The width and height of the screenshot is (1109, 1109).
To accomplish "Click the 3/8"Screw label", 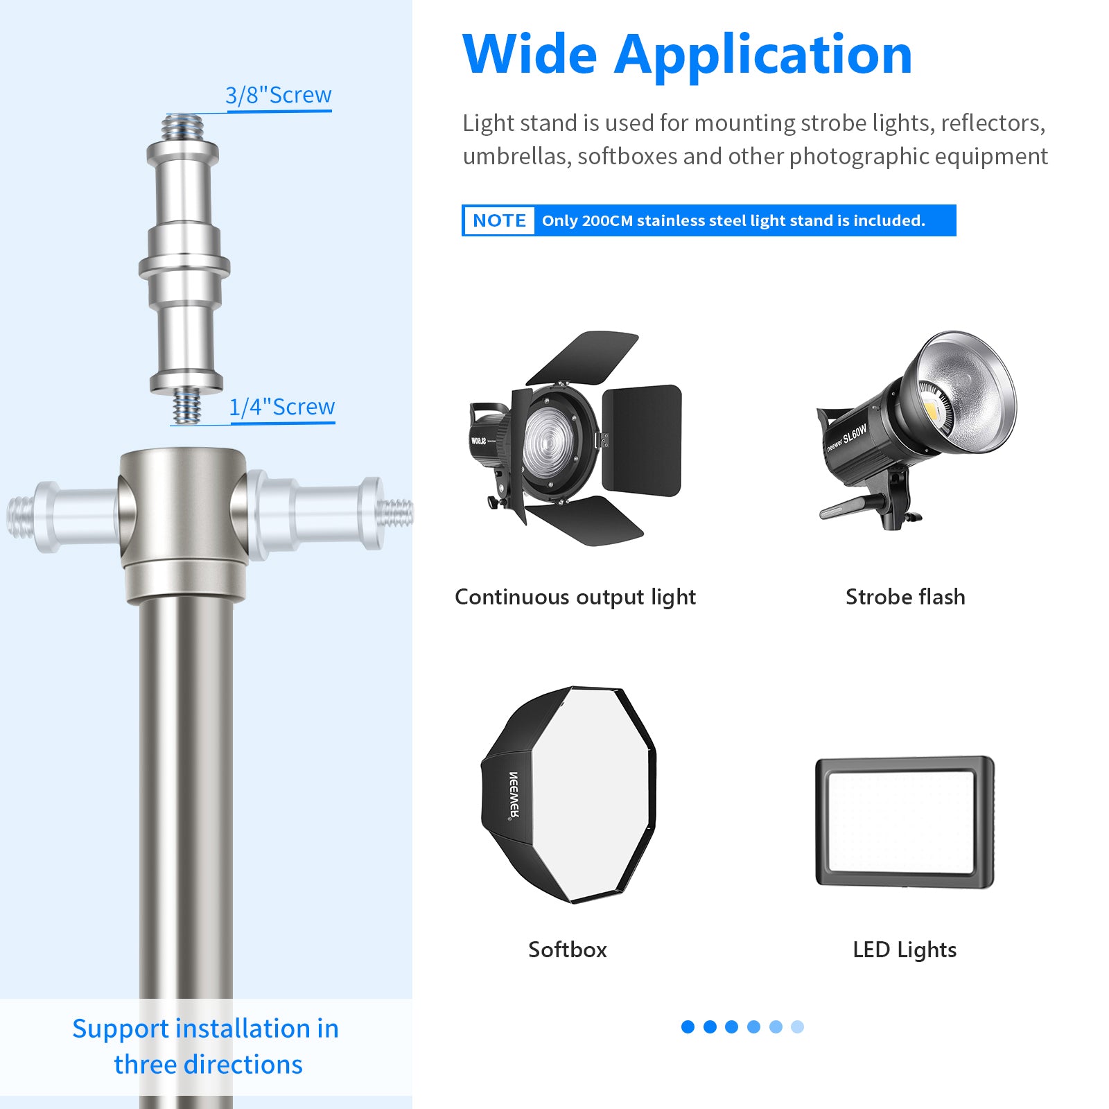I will pyautogui.click(x=279, y=95).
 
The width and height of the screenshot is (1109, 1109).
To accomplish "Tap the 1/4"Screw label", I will pyautogui.click(x=282, y=407).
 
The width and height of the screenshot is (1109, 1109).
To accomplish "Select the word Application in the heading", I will pyautogui.click(x=763, y=55).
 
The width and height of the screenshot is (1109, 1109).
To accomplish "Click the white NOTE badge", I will pyautogui.click(x=499, y=220).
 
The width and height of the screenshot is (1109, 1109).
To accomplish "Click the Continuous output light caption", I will pyautogui.click(x=575, y=597).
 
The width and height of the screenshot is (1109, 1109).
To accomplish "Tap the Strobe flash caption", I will pyautogui.click(x=905, y=597).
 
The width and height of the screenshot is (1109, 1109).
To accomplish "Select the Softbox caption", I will pyautogui.click(x=567, y=950).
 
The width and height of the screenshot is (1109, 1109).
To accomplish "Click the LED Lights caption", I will pyautogui.click(x=905, y=950).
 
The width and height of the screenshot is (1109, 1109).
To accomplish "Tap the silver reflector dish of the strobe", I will pyautogui.click(x=970, y=388).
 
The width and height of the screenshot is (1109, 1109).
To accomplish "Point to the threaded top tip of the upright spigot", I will pyautogui.click(x=184, y=127).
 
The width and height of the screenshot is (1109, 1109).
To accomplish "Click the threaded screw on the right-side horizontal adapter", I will pyautogui.click(x=397, y=513).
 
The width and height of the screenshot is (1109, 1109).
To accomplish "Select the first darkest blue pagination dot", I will pyautogui.click(x=688, y=1027).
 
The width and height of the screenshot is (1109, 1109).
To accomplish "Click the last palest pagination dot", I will pyautogui.click(x=797, y=1027).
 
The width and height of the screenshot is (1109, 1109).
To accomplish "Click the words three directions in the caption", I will pyautogui.click(x=208, y=1064).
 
